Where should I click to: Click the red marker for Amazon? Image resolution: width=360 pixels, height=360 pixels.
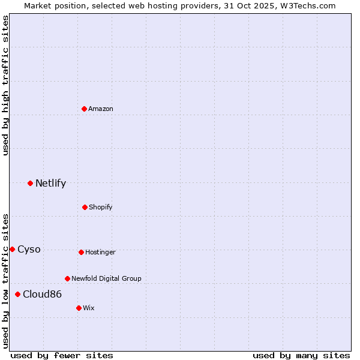pyautogui.click(x=85, y=109)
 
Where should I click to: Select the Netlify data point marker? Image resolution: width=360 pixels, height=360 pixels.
pyautogui.click(x=30, y=183)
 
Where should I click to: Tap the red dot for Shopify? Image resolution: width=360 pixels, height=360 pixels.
pyautogui.click(x=85, y=207)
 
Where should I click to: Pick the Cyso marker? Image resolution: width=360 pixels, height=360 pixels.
pyautogui.click(x=12, y=249)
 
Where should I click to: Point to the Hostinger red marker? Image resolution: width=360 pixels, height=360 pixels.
pyautogui.click(x=81, y=252)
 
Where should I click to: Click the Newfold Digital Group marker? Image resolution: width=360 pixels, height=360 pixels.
pyautogui.click(x=67, y=278)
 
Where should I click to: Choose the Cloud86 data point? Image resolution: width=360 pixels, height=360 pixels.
pyautogui.click(x=17, y=294)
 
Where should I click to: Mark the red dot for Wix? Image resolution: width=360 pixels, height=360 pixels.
pyautogui.click(x=79, y=308)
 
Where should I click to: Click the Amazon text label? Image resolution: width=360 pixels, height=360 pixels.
pyautogui.click(x=101, y=109)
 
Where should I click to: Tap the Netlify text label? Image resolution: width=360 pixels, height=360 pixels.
pyautogui.click(x=50, y=183)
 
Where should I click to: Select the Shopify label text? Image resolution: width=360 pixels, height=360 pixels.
pyautogui.click(x=101, y=207)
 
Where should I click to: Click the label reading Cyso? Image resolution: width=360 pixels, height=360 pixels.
pyautogui.click(x=29, y=249)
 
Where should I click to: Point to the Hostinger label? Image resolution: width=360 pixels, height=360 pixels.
pyautogui.click(x=100, y=252)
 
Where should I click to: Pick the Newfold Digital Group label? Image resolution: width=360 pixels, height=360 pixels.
pyautogui.click(x=106, y=278)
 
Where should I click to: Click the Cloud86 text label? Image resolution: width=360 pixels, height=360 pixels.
pyautogui.click(x=42, y=294)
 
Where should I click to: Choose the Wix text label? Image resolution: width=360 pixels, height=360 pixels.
pyautogui.click(x=89, y=308)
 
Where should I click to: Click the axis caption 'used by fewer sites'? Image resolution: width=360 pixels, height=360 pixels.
pyautogui.click(x=62, y=355)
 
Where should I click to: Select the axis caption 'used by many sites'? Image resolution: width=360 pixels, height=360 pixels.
pyautogui.click(x=301, y=355)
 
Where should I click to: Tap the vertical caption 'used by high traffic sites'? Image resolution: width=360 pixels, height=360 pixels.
pyautogui.click(x=5, y=85)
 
